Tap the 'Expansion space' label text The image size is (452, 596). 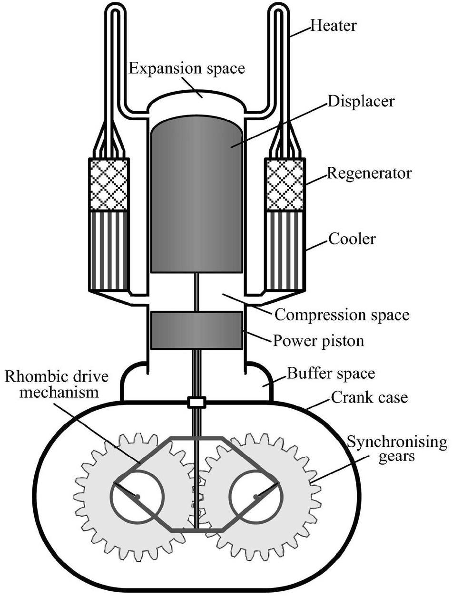[187, 68]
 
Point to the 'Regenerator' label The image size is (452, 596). [368, 173]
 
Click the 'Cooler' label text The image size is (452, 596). [352, 238]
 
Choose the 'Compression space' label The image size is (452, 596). [342, 315]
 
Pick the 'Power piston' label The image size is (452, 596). [319, 340]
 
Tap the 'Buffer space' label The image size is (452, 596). [331, 374]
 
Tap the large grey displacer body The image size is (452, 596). [197, 195]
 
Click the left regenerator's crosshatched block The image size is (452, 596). [108, 184]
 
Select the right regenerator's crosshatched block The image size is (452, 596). [285, 184]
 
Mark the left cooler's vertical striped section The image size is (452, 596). [108, 250]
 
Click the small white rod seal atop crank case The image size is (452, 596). [196, 403]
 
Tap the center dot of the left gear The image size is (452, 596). [137, 497]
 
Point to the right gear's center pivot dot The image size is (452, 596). [256, 497]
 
